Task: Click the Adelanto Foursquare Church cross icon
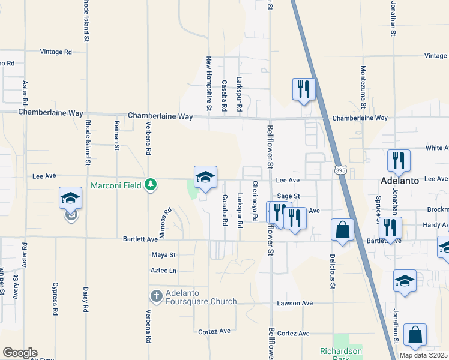(156, 296)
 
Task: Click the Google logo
(19, 353)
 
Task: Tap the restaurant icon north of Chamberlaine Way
(303, 89)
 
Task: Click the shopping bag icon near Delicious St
(342, 230)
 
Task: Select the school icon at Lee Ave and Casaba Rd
(205, 177)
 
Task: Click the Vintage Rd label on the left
(56, 52)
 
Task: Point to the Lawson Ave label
(295, 303)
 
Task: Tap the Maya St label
(164, 255)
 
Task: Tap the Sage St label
(288, 196)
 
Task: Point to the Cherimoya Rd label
(255, 201)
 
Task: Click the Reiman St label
(118, 135)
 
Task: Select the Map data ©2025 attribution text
(424, 355)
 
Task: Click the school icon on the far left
(71, 199)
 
